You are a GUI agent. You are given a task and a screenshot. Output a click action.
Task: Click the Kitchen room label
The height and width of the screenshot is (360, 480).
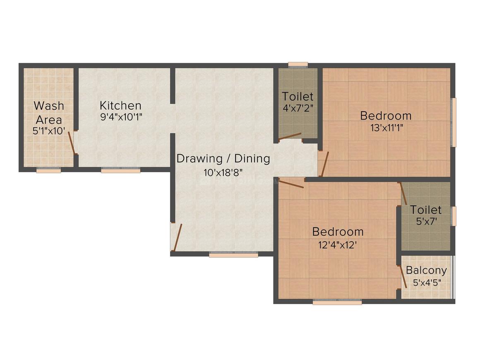click(120, 105)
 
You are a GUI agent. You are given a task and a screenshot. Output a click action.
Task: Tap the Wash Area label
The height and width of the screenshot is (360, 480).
click(49, 113)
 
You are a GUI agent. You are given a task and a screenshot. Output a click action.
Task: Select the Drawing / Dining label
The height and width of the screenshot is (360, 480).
click(223, 158)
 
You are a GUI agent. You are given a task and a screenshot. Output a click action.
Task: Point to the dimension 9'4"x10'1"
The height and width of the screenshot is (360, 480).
click(121, 117)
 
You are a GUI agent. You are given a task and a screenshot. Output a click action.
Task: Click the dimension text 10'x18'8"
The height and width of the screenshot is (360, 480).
click(223, 172)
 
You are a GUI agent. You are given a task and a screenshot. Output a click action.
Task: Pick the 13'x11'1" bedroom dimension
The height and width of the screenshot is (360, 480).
click(386, 127)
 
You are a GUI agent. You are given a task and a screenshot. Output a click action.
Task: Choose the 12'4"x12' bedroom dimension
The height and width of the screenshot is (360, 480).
click(338, 244)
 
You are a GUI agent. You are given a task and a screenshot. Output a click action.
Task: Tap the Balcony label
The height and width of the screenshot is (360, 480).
click(426, 270)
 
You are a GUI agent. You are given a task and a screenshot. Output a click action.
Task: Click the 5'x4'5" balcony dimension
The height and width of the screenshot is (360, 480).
click(427, 283)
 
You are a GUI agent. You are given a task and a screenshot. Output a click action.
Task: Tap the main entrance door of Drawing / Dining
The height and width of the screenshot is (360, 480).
click(177, 238)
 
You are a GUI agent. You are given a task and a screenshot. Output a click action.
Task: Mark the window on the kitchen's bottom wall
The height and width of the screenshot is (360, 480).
click(120, 170)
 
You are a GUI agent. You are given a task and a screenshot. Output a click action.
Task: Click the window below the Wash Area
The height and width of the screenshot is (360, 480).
click(48, 170)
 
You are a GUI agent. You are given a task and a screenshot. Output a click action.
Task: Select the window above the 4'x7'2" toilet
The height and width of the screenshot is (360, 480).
click(298, 65)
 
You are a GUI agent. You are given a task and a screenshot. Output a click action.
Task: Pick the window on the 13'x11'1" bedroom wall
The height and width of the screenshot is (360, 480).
click(454, 122)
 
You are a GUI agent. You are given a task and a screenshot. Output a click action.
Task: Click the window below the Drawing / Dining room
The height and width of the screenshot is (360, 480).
click(233, 255)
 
